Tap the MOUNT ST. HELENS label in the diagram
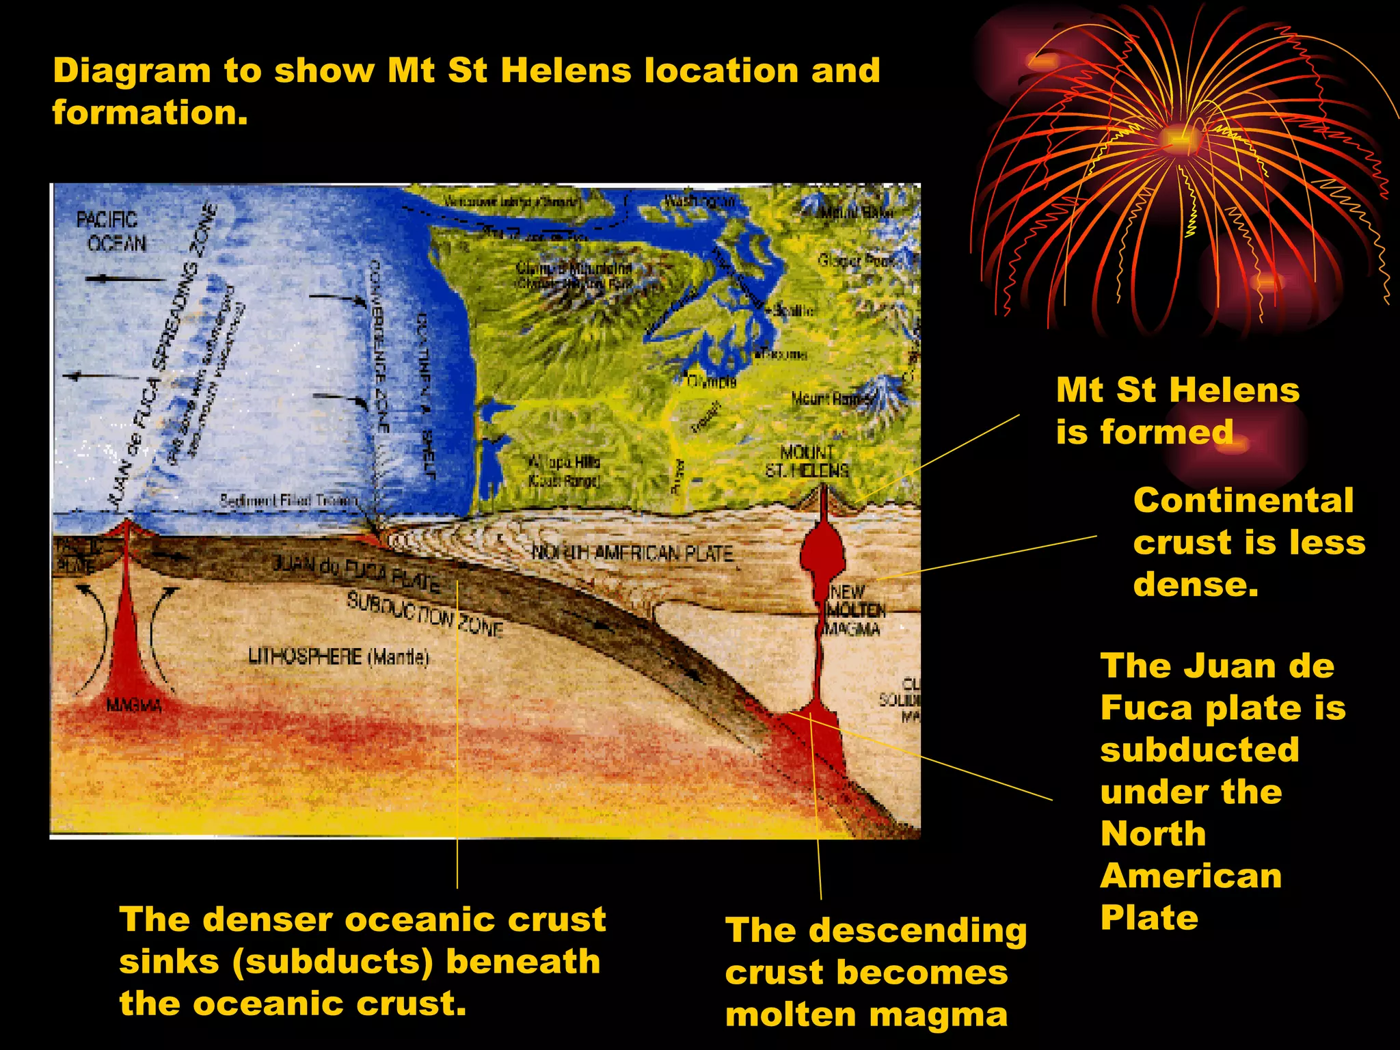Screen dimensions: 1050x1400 coord(807,461)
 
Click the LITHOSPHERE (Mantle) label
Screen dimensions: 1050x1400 coord(338,657)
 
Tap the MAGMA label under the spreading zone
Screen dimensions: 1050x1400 coord(134,705)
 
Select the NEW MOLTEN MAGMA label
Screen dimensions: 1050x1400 coord(854,610)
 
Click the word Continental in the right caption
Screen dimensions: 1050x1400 coord(1243,500)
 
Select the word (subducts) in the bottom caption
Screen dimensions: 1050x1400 coord(332,962)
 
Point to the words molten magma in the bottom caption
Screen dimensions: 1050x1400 coord(866,1014)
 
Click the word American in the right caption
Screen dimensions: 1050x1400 coord(1191,876)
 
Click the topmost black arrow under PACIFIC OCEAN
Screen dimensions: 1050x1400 coord(126,279)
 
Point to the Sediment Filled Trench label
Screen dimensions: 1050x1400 coord(288,501)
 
